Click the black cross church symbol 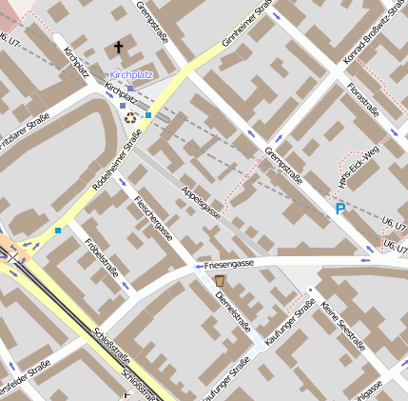click(119, 47)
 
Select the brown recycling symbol click(130, 117)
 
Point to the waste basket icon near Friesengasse click(220, 282)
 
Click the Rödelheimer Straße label click(117, 160)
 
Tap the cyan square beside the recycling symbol click(148, 115)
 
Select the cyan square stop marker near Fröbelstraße click(58, 230)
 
